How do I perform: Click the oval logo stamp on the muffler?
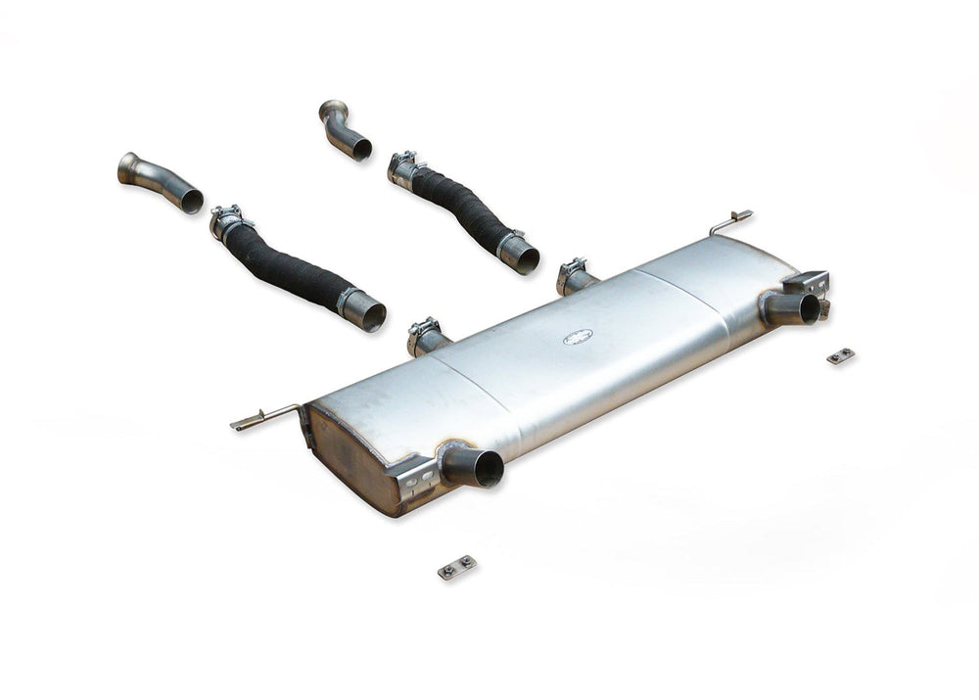click(578, 337)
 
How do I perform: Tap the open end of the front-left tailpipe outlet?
click(485, 469)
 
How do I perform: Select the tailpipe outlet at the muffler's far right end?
click(807, 308)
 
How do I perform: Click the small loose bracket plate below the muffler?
click(457, 567)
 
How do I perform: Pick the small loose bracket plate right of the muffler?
click(840, 356)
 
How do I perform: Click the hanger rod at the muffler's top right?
click(731, 222)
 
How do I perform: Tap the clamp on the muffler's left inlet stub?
click(423, 331)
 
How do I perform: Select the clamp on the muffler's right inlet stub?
click(572, 270)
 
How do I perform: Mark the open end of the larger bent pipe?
click(192, 201)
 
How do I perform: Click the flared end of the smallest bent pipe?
click(332, 111)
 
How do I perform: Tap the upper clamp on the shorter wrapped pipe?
click(402, 165)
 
